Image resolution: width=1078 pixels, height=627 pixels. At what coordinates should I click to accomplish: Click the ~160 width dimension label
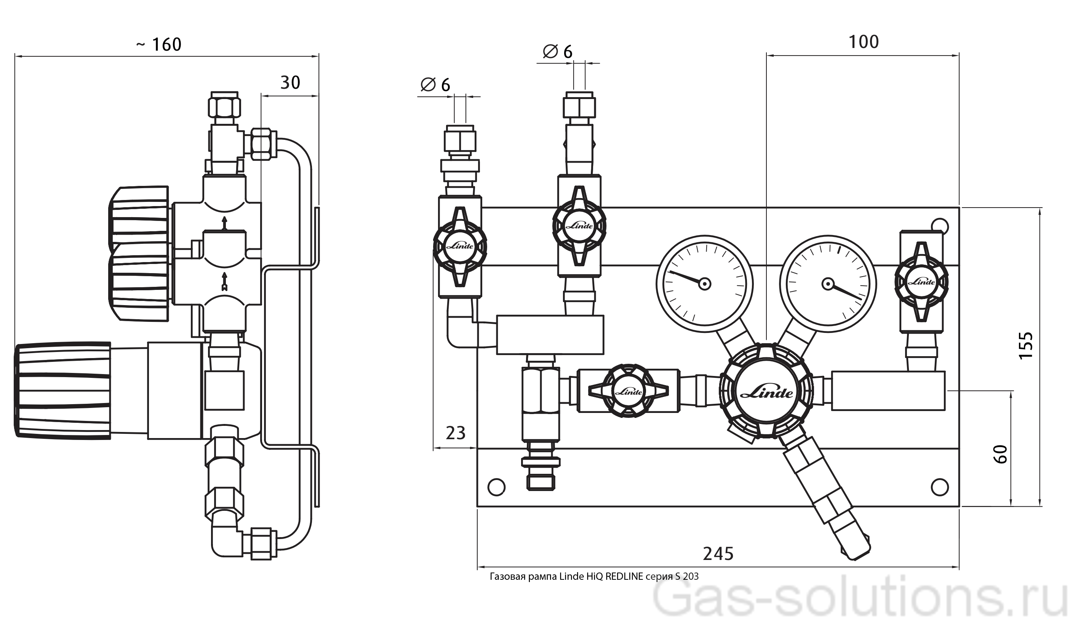pos(159,45)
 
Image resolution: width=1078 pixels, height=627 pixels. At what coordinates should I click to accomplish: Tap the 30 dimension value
pos(290,83)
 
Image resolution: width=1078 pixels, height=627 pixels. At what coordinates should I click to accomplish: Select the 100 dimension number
pos(863,42)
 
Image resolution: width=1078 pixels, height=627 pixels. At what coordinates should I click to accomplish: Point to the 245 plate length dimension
pos(718,554)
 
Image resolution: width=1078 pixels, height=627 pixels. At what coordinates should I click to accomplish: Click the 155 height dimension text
pos(1026,345)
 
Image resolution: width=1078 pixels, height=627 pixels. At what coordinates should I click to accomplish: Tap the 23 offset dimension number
pos(455,433)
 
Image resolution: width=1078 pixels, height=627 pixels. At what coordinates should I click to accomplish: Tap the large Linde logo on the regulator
pos(766,393)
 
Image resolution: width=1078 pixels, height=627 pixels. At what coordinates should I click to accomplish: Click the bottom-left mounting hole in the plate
pos(496,487)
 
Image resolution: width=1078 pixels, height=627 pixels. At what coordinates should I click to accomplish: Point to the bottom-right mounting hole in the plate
pos(940,487)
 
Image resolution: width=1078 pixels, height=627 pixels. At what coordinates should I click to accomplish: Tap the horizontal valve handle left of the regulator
pos(628,391)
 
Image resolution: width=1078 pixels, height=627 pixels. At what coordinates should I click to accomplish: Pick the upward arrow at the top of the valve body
pos(224,223)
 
